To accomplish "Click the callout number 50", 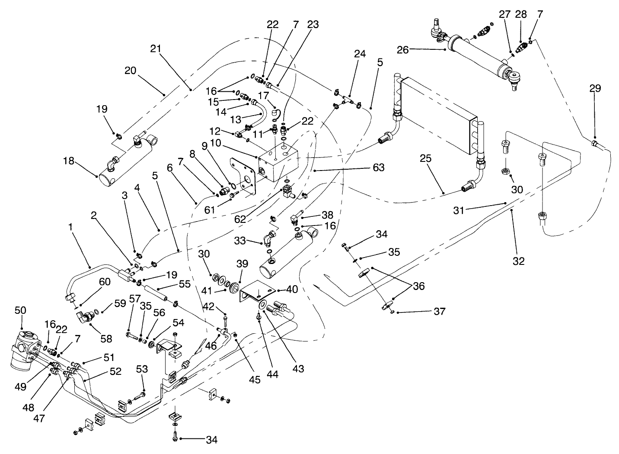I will click(20, 310).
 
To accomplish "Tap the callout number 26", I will click(403, 50).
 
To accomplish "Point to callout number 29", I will click(595, 88).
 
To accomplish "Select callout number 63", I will click(378, 167).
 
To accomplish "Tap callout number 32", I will click(518, 261).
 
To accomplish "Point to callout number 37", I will click(439, 311).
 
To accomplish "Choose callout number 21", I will click(156, 48).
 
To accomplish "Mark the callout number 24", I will click(360, 54).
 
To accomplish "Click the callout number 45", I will click(255, 380).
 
